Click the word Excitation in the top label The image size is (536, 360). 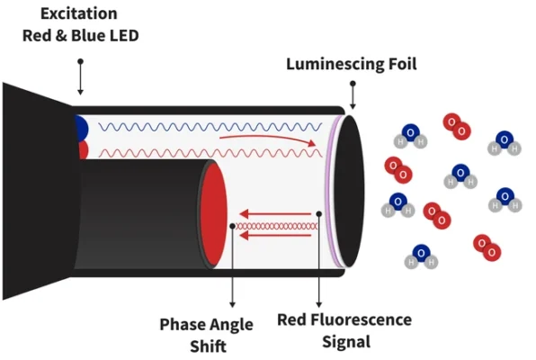(x=79, y=13)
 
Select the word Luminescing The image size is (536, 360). (x=335, y=64)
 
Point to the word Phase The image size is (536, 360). (x=183, y=324)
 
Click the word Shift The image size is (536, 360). (x=208, y=346)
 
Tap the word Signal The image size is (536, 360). (x=346, y=342)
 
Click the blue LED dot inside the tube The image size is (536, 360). (x=81, y=129)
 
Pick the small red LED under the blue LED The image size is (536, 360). (x=83, y=150)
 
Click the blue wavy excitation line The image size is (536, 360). (x=210, y=127)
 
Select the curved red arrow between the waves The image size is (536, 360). (x=267, y=139)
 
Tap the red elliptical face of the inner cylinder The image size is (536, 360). (x=214, y=214)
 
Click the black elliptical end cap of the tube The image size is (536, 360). (x=349, y=191)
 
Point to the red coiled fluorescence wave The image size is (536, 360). (x=276, y=226)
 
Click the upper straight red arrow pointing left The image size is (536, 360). (x=275, y=214)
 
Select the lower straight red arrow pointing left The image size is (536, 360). (x=275, y=236)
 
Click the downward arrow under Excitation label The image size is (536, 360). (x=80, y=77)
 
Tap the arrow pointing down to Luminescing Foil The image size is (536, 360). (x=353, y=95)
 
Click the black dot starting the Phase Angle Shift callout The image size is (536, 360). (x=232, y=226)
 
